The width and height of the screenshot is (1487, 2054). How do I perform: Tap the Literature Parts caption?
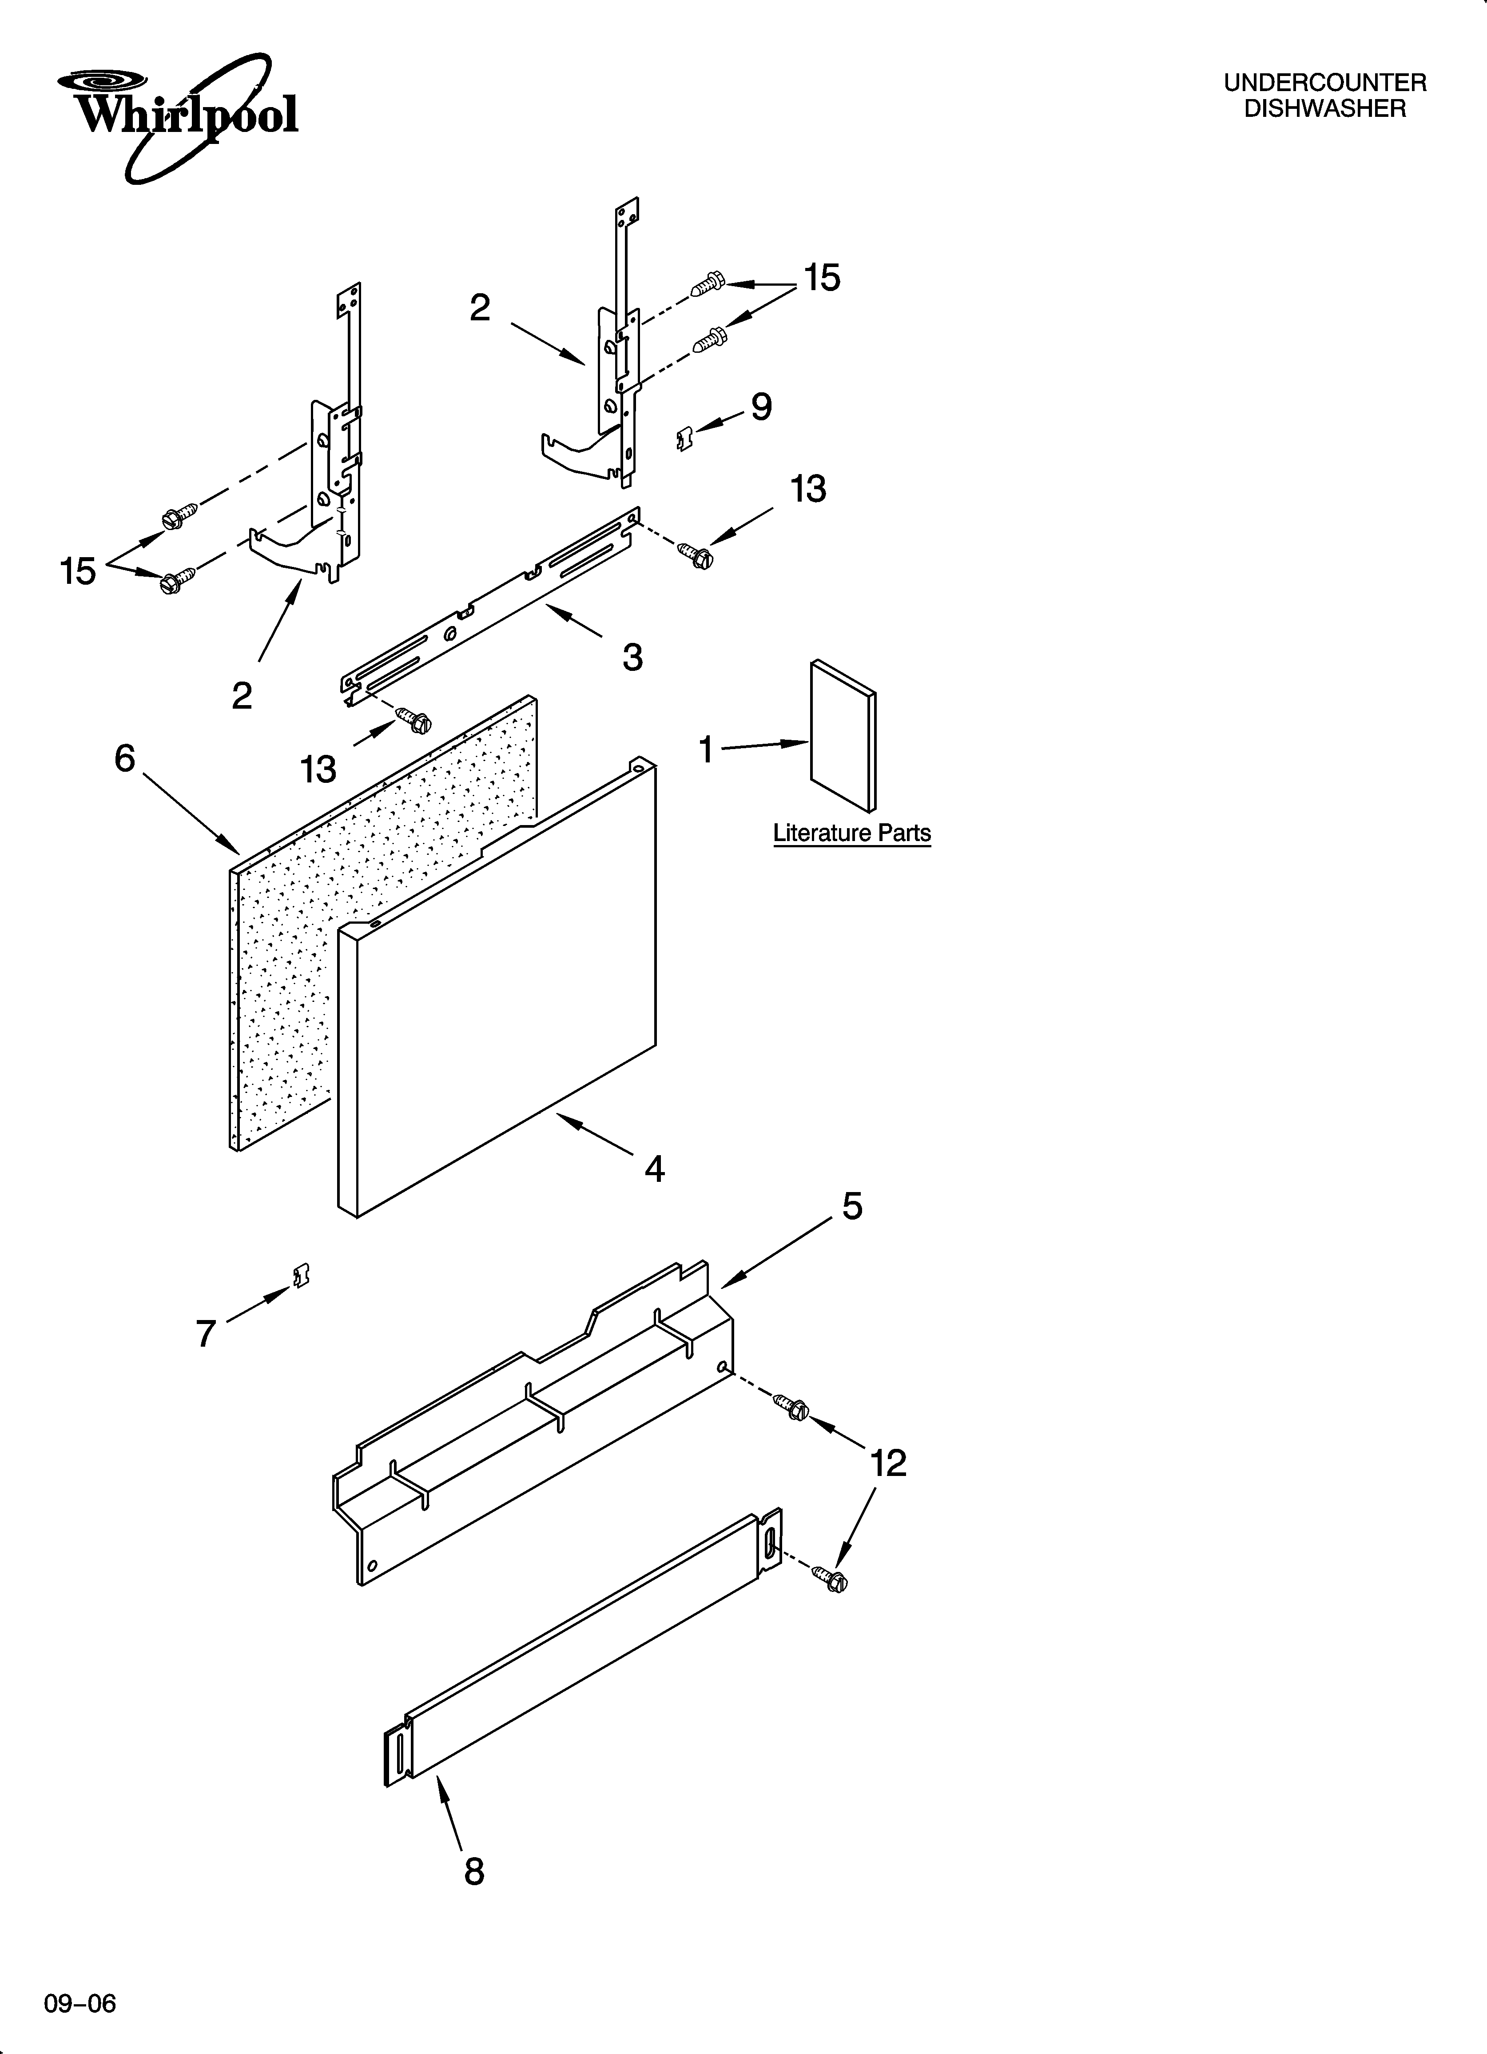pyautogui.click(x=851, y=833)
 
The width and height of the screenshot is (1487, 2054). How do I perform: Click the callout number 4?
pyautogui.click(x=654, y=1169)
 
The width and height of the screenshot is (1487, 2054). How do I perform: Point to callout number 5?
pyautogui.click(x=852, y=1205)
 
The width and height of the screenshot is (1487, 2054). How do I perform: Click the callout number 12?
pyautogui.click(x=887, y=1464)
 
